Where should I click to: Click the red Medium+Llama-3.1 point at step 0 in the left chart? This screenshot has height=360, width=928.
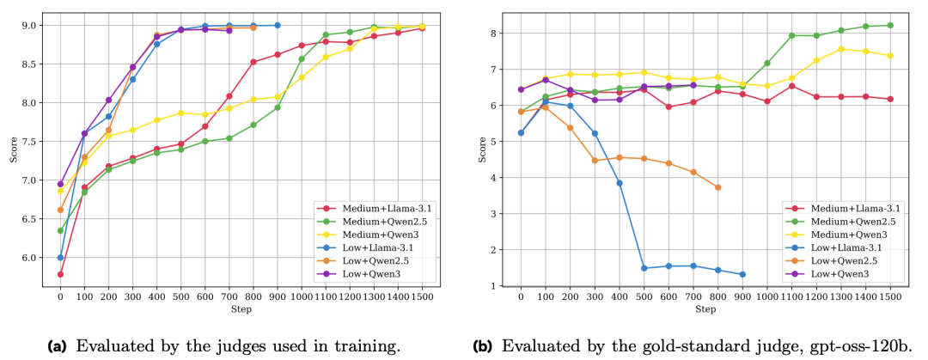(60, 274)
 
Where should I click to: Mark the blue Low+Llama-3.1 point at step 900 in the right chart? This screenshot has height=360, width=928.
(742, 275)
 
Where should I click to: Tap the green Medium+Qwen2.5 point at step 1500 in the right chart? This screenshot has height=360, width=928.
(889, 25)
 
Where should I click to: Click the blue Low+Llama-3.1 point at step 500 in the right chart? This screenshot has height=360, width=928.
(620, 268)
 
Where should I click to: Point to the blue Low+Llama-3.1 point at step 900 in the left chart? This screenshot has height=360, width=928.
(277, 25)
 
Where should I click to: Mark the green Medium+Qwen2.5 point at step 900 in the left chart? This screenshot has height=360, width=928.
(277, 107)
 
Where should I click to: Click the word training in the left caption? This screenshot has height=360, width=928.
(372, 346)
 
